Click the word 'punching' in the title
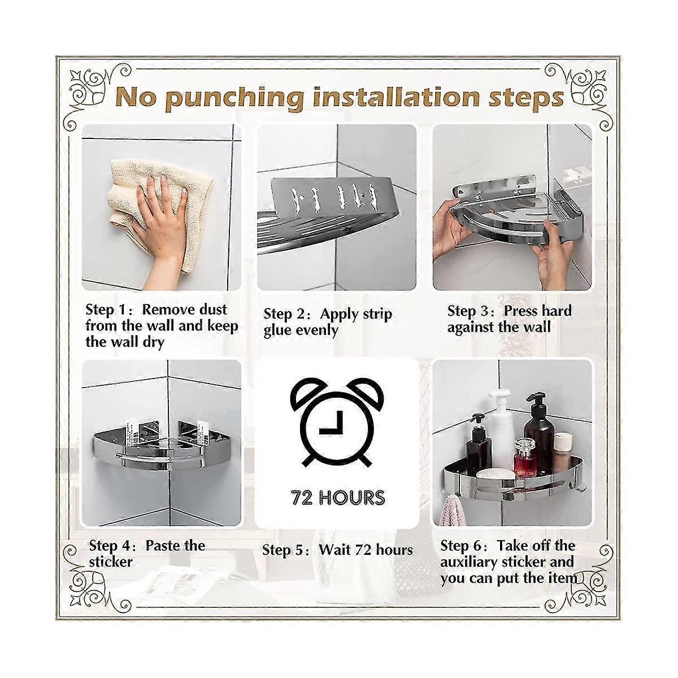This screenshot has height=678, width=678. (x=234, y=98)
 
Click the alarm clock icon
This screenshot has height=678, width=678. (x=338, y=422)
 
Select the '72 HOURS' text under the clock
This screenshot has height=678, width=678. (x=338, y=498)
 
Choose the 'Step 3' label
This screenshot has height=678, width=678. (x=467, y=311)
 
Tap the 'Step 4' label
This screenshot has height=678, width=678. (x=110, y=546)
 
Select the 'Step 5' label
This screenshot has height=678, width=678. (x=283, y=550)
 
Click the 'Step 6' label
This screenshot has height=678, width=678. (x=461, y=546)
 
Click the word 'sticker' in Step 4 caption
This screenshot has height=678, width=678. (x=111, y=562)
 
